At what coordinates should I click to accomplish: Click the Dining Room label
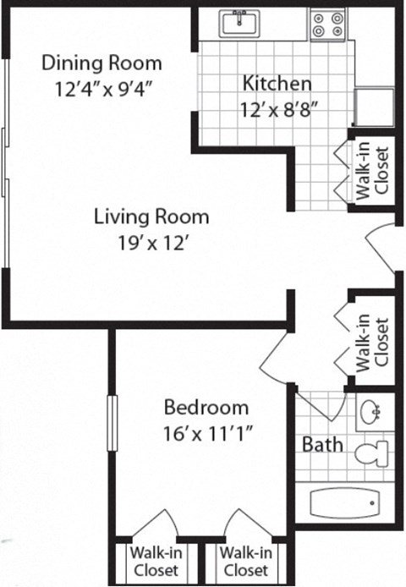(x=101, y=63)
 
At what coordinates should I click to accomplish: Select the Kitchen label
(x=277, y=84)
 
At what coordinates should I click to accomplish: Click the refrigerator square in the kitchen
(x=372, y=107)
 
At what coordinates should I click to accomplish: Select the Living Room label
(x=151, y=217)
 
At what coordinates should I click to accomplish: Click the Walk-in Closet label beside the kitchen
(x=373, y=171)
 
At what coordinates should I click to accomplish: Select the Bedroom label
(x=206, y=407)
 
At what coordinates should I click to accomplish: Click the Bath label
(x=322, y=444)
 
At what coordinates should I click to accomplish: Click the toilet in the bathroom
(x=370, y=454)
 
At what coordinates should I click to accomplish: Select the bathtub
(x=348, y=505)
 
